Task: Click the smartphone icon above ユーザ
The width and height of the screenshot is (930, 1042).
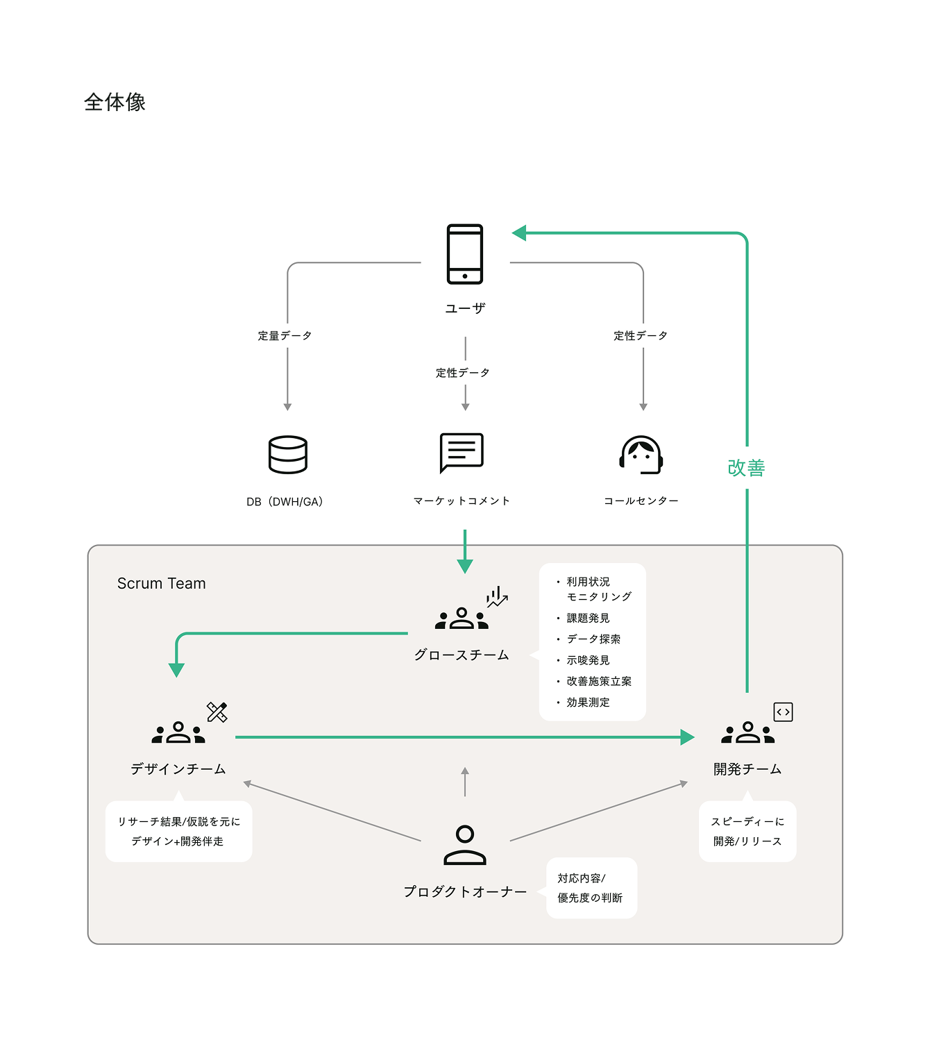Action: click(x=465, y=253)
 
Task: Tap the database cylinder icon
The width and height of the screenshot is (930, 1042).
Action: click(x=287, y=455)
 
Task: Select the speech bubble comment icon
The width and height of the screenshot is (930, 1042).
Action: click(x=462, y=453)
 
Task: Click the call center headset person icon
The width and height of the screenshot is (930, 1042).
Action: click(x=641, y=455)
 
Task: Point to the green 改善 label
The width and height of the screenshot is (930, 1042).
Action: click(x=746, y=468)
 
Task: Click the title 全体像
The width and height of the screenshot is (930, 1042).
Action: click(x=115, y=102)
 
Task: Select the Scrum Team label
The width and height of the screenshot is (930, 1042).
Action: click(x=161, y=584)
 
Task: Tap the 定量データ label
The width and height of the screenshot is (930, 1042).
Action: click(x=285, y=336)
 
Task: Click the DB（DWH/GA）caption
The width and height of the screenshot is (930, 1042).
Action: click(x=285, y=502)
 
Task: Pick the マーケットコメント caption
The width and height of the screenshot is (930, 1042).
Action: click(x=462, y=501)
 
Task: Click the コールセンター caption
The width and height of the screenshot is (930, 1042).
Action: click(x=641, y=501)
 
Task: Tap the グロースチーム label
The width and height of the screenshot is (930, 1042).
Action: click(x=462, y=655)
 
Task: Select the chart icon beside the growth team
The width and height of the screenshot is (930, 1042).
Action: click(x=497, y=598)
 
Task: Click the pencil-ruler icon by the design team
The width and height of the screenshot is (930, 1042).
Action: click(x=217, y=712)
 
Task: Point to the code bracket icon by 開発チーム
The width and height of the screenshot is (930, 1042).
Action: click(x=783, y=712)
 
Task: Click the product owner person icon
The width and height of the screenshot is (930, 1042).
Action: click(x=465, y=845)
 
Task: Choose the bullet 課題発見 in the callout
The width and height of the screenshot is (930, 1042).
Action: click(x=588, y=618)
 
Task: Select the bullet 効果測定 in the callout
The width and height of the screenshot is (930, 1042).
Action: click(x=588, y=703)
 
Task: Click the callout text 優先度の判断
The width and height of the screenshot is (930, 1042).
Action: click(x=590, y=898)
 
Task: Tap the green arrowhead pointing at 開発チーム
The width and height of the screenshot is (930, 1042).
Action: click(x=687, y=737)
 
